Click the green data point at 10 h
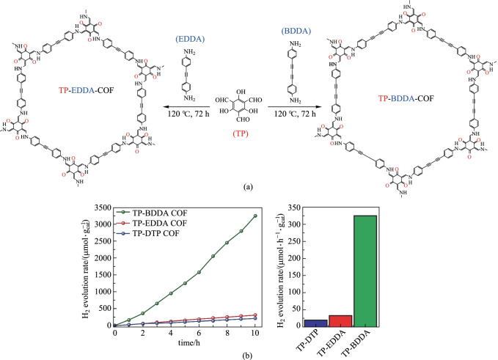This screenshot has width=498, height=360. (x=254, y=216)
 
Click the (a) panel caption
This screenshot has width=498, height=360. (x=249, y=186)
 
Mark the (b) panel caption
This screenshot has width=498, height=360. (x=249, y=354)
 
